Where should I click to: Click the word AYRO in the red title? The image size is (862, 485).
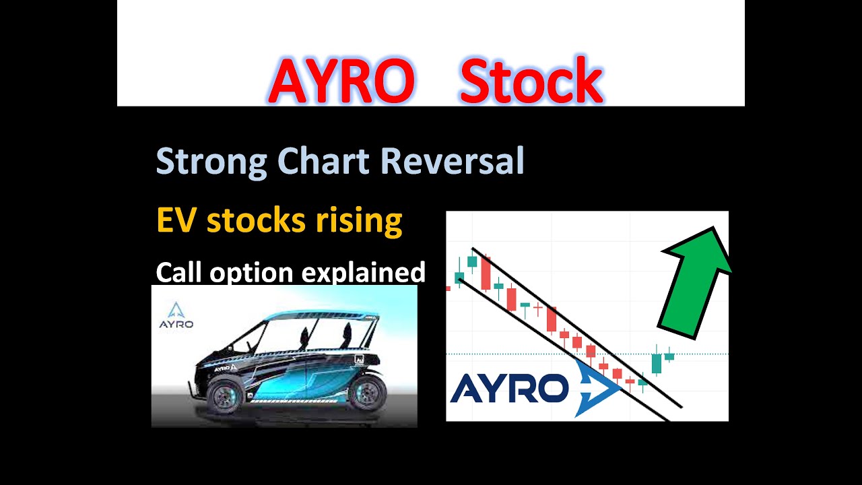click(341, 81)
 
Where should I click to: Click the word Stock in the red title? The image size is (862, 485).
click(531, 81)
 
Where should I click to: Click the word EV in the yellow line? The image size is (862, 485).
click(176, 220)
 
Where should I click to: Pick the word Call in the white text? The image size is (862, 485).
click(180, 272)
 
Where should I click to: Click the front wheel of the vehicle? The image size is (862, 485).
click(224, 396)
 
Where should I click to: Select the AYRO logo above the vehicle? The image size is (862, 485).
click(176, 316)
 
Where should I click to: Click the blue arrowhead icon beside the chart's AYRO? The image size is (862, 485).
click(597, 387)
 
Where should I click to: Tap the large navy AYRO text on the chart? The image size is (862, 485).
click(508, 388)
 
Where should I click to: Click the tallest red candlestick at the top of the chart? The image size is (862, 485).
click(486, 272)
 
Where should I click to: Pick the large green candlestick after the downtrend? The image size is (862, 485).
click(657, 363)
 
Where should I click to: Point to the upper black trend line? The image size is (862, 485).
click(579, 330)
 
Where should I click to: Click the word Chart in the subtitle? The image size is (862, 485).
click(321, 162)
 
